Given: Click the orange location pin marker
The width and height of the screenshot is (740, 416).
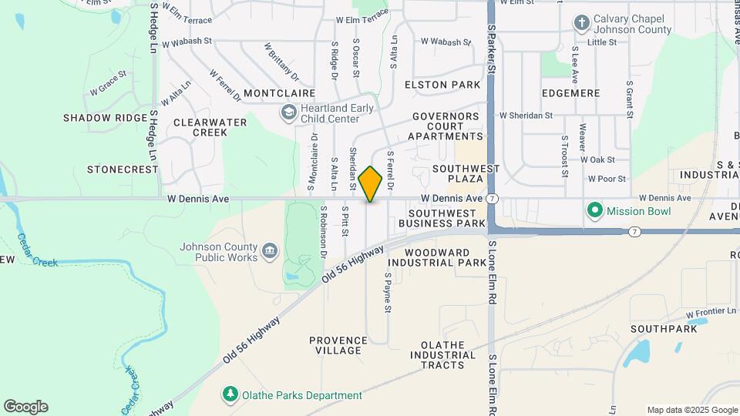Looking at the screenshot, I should pos(371,183).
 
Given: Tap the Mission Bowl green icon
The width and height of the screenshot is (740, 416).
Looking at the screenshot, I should pos(594,210).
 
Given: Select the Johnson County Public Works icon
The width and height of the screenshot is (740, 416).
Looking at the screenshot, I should pos(270,250).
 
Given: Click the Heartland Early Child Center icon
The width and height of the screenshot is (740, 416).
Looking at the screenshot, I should pos(288,113).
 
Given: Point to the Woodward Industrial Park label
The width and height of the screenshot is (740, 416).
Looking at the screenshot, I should pos(436,257).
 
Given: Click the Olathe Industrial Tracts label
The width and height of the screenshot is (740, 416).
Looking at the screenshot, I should pos(448,354).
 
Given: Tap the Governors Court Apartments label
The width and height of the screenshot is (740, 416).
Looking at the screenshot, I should pos(446,126).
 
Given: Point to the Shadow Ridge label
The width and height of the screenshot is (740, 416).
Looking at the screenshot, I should pos(105,118).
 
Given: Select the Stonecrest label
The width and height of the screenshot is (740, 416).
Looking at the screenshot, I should pos(117,168).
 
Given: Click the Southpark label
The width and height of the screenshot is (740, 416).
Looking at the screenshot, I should pos(663,329).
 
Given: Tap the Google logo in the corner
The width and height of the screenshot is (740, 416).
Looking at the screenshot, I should pos(25,407).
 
